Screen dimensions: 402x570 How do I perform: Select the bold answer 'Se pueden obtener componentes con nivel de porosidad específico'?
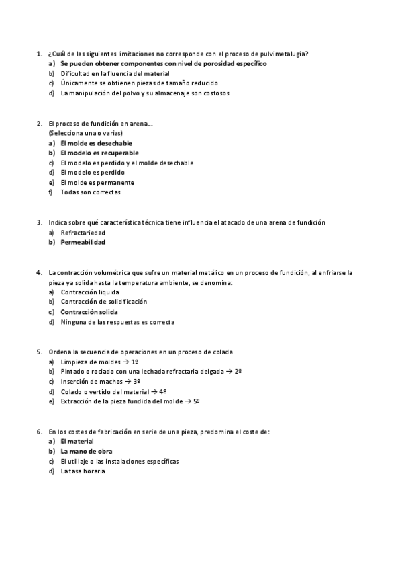(x=163, y=63)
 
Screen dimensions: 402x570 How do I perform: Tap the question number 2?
(x=38, y=124)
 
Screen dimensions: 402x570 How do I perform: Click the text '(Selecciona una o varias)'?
(x=85, y=133)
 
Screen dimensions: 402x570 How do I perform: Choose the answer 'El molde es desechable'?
(x=96, y=143)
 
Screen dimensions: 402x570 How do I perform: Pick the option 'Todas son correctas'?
(x=91, y=192)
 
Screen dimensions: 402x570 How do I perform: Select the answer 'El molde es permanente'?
(x=97, y=182)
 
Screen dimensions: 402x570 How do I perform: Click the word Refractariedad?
(x=84, y=232)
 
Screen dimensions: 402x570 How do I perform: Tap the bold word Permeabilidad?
(x=83, y=242)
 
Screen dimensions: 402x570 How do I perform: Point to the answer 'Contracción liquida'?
(x=90, y=292)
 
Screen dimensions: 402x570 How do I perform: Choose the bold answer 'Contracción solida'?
(x=89, y=312)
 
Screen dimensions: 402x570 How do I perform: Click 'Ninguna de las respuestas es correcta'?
(x=117, y=322)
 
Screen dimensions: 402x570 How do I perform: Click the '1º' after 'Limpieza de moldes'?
(x=134, y=362)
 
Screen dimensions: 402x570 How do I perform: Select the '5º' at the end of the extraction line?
(x=197, y=401)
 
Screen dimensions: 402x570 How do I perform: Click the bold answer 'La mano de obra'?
(x=86, y=452)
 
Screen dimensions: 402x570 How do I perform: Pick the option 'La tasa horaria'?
(x=83, y=471)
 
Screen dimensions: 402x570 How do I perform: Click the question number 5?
(x=38, y=352)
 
